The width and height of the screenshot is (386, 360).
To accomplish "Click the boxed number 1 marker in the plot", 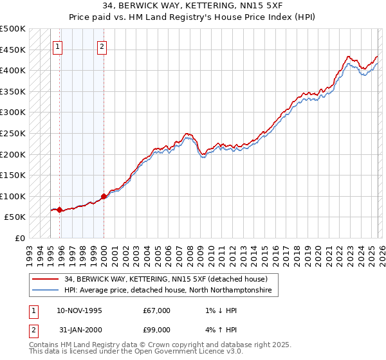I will pyautogui.click(x=58, y=46).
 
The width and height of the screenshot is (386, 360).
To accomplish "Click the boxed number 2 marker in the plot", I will pyautogui.click(x=102, y=46).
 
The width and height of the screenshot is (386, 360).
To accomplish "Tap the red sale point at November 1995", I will pyautogui.click(x=59, y=210).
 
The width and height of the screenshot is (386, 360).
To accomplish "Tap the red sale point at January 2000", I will pyautogui.click(x=104, y=196).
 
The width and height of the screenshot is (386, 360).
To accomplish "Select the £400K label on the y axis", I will pyautogui.click(x=13, y=70).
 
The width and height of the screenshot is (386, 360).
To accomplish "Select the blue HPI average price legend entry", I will pyautogui.click(x=168, y=291).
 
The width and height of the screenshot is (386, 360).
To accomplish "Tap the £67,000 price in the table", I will pyautogui.click(x=157, y=310).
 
